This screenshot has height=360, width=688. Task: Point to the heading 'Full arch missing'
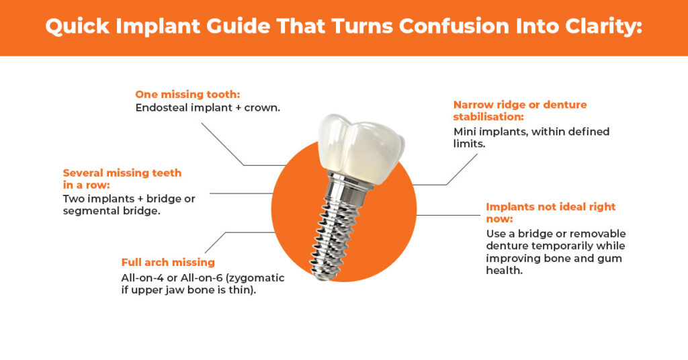pos(168,262)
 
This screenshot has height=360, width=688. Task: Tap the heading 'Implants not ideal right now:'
pos(550,213)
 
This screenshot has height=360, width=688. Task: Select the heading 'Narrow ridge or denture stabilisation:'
pos(519,111)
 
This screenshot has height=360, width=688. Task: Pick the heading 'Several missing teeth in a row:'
pos(122,179)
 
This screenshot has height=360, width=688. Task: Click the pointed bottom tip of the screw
pos(315,274)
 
